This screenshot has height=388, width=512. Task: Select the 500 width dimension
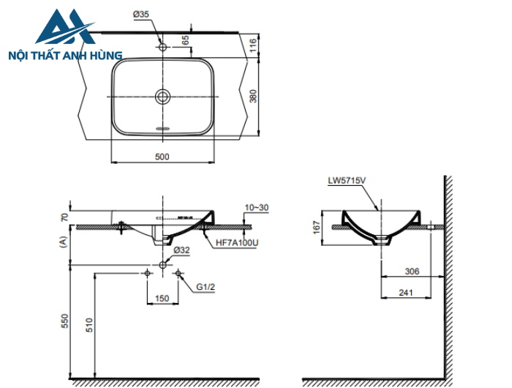point(162,156)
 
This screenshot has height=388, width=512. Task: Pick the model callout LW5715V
point(345,179)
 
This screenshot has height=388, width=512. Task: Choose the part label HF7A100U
point(236,242)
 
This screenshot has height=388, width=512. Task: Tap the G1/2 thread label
point(205,287)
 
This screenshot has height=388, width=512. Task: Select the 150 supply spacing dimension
point(162,298)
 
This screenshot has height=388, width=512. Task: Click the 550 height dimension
point(64,321)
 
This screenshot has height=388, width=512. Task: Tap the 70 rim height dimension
point(64,217)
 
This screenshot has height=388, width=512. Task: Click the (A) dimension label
point(64,242)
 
